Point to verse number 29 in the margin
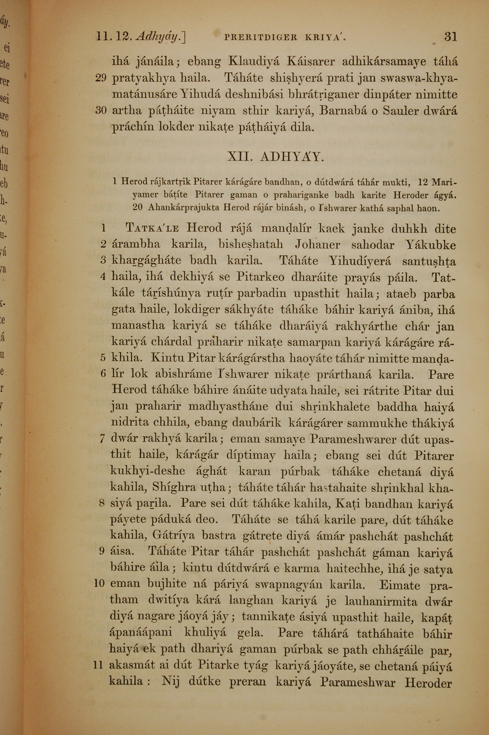[x=101, y=78]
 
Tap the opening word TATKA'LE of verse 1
[x=152, y=228]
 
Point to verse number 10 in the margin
[x=99, y=583]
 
